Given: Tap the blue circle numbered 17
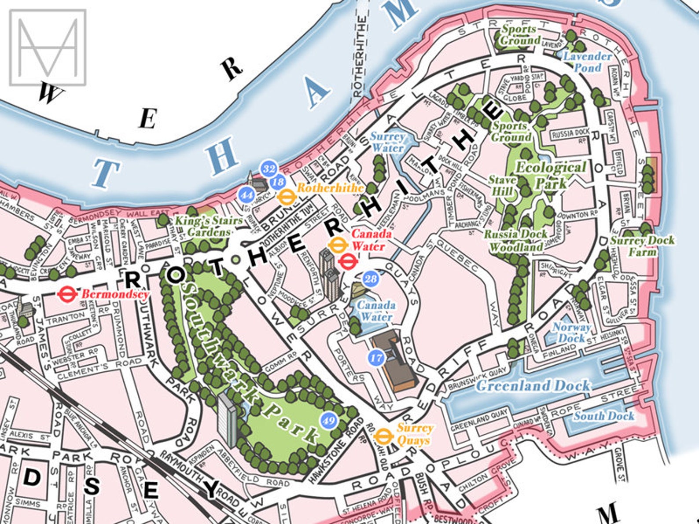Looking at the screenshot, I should click(376, 357).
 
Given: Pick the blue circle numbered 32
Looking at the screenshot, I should click(269, 169).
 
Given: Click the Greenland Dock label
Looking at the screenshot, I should click(533, 386).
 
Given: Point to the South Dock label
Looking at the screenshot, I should click(603, 416).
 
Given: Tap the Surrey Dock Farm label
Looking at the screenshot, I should click(642, 246).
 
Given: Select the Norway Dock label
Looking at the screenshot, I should click(571, 333).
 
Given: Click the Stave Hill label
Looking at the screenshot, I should click(502, 186).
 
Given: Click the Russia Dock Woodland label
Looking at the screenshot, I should click(515, 240).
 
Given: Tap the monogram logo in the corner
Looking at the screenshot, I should click(48, 47).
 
